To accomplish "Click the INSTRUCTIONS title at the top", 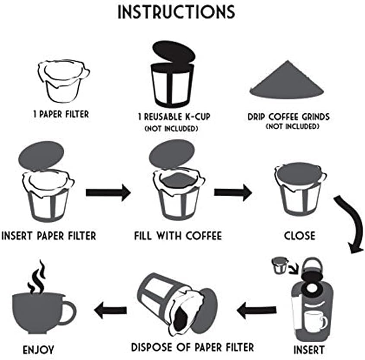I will [x=177, y=12].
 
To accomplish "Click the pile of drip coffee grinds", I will [x=286, y=82].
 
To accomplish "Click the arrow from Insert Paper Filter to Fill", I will [x=108, y=192].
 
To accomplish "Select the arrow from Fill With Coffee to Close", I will [x=233, y=192].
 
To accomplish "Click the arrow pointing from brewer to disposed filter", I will [x=257, y=309].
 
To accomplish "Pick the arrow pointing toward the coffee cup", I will [x=111, y=309].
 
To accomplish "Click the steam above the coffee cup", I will [x=37, y=277].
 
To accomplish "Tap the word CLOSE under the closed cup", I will [x=299, y=236].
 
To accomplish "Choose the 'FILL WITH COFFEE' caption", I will [x=178, y=236].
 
